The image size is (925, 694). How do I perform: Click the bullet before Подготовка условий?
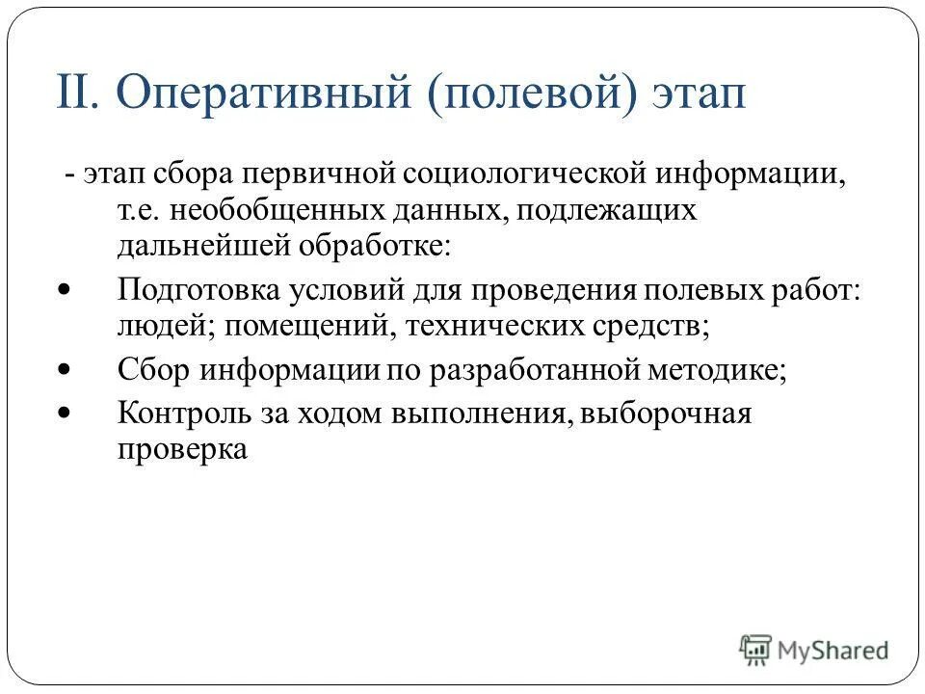tap(65, 290)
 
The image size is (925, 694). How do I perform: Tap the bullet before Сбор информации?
tap(65, 370)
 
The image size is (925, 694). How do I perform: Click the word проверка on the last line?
tap(183, 449)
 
